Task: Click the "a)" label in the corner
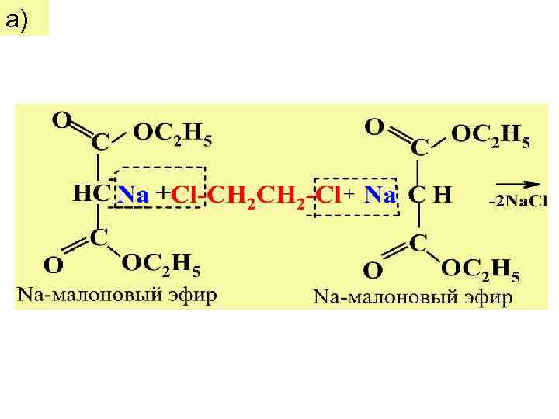(x=17, y=21)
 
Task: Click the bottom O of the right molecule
(x=373, y=270)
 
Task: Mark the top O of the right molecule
(x=374, y=126)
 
